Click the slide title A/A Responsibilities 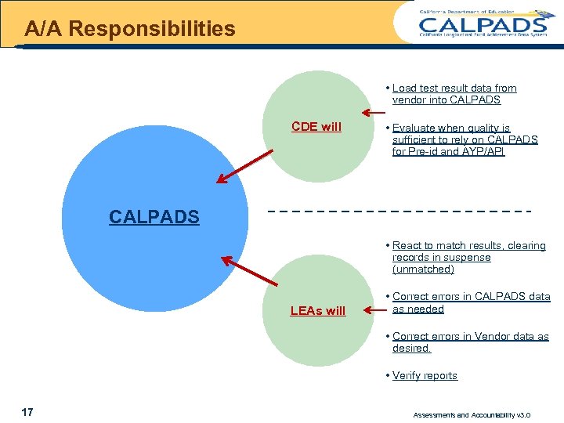pos(129,30)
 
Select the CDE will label pos(316,127)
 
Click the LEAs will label pos(317,311)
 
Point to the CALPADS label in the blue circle pos(154,217)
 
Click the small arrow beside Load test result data pos(373,112)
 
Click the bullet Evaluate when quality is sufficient pos(464,139)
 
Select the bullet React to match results pos(468,257)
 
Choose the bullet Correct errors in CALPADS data pos(470,302)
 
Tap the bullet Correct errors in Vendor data pos(468,342)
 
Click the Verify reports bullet pos(424,376)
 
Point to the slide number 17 pos(27,412)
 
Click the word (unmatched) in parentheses pos(423,269)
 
